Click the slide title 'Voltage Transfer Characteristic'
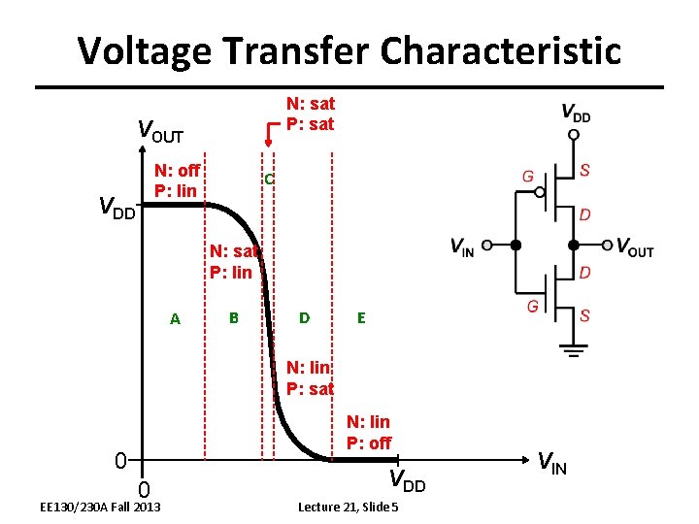coord(349,50)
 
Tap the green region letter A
coord(175,319)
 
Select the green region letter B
coord(233,317)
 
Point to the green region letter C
coord(269,180)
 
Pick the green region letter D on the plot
coord(305,317)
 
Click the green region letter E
coord(361,317)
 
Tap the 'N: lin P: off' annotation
coord(368,432)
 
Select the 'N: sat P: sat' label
coord(310,114)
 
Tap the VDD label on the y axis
coord(117,207)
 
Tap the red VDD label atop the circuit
coord(576,113)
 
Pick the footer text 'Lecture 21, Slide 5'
coord(348,508)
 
